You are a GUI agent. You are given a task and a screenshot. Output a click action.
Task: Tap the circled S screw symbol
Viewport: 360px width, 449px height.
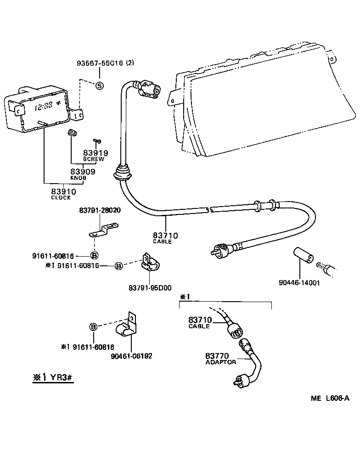pyautogui.click(x=100, y=85)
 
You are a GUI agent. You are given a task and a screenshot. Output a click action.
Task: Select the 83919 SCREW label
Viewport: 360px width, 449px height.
pyautogui.click(x=95, y=155)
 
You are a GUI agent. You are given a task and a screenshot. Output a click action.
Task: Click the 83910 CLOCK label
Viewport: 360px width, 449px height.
pyautogui.click(x=63, y=194)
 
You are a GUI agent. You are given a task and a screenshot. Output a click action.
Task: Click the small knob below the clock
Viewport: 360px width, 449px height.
pyautogui.click(x=71, y=133)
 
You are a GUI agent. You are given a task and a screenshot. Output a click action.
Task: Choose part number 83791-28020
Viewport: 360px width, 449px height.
pyautogui.click(x=100, y=210)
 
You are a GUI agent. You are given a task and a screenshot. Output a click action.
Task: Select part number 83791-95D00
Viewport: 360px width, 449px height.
pyautogui.click(x=150, y=288)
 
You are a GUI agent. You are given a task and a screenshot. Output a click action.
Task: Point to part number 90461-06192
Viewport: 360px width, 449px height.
pyautogui.click(x=132, y=355)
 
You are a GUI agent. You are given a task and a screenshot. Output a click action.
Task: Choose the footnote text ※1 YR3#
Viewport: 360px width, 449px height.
pyautogui.click(x=53, y=377)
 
